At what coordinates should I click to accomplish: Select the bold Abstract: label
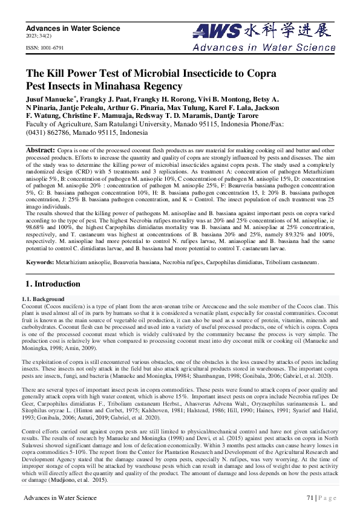pos(41,149)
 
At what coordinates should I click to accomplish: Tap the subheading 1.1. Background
pos(42,299)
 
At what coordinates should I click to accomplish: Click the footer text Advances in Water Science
pos(60,498)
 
